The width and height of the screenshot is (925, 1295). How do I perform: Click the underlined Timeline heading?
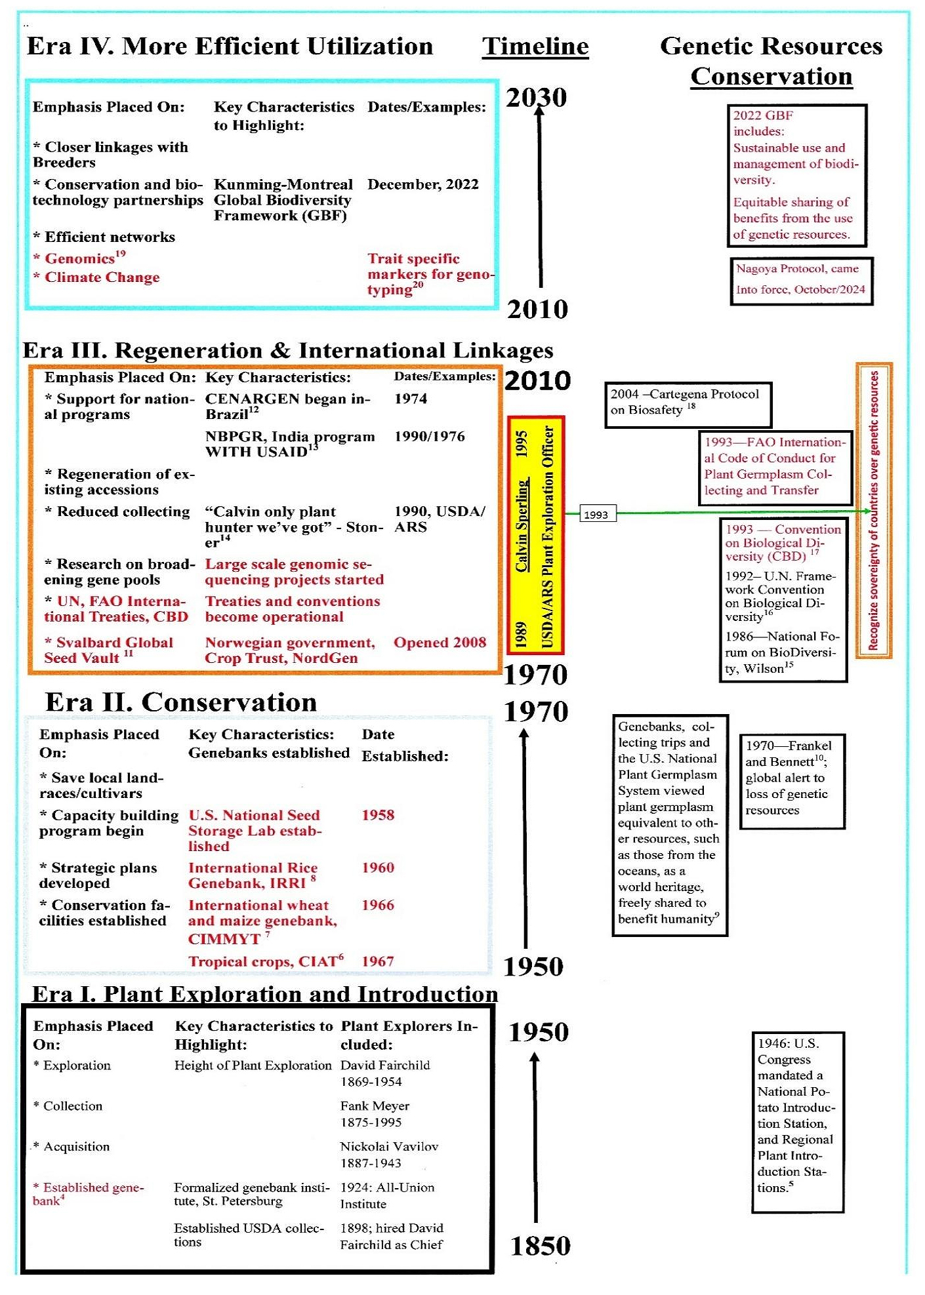[535, 47]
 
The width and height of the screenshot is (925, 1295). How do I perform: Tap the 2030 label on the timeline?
[536, 98]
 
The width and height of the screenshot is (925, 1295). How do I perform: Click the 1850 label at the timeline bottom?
[540, 1246]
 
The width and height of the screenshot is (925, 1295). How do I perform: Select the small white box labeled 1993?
[596, 515]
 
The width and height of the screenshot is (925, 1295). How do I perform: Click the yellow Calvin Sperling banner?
[535, 535]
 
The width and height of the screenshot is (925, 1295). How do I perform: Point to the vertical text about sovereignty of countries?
[873, 510]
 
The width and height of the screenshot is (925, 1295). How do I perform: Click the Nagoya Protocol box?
[801, 280]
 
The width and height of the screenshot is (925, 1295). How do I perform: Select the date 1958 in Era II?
[378, 815]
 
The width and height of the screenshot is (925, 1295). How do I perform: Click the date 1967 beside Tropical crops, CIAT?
[378, 961]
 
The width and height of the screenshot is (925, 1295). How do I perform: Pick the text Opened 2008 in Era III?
[440, 643]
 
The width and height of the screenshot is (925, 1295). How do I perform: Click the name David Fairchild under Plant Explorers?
[385, 1066]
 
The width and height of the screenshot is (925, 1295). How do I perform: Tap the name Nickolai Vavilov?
[389, 1147]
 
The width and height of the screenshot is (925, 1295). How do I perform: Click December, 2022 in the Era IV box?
[423, 184]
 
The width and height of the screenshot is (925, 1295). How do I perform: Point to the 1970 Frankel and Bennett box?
[792, 780]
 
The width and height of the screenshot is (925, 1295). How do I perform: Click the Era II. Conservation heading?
[181, 702]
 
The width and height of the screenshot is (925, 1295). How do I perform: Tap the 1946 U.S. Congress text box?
[797, 1122]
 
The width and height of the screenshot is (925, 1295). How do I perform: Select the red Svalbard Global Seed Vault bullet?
[108, 650]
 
